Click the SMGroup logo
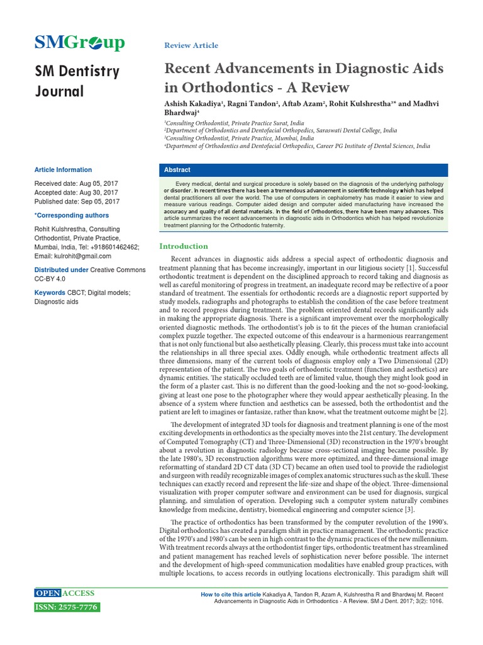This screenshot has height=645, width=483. coord(79,42)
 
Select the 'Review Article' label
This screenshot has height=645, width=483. coord(191,45)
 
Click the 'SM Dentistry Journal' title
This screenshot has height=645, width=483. coord(76,81)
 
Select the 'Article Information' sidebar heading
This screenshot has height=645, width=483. coord(63,170)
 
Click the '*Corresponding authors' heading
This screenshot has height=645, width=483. coord(71,216)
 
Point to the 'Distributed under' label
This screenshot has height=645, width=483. coord(61,270)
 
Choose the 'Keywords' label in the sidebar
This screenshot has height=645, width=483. coord(50,293)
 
